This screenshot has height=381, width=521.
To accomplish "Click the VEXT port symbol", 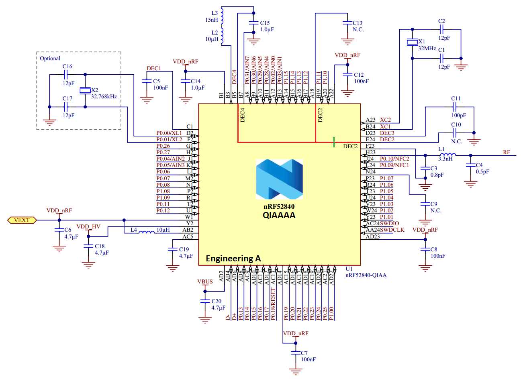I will pos(22,220).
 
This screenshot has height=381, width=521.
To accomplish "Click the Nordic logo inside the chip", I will pos(279,179).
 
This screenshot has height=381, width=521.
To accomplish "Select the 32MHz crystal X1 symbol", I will pos(412,42).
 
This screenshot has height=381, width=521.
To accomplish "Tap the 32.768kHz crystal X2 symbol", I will pos(85,91).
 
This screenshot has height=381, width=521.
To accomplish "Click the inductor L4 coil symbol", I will pos(147,232).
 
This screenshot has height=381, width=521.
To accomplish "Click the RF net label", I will pos(507,152).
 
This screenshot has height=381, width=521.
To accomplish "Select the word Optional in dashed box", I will pos(50,58).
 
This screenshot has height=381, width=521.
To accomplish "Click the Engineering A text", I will pos(233,258).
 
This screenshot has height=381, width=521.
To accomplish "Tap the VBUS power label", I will pos(205,281).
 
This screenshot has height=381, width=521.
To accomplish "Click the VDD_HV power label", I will pos(88,226).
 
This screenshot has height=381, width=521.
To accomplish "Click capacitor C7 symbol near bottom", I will pos(296,353).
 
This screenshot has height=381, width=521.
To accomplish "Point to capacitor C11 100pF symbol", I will pos(455,107).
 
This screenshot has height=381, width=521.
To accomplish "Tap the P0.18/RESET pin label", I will pos(273,304).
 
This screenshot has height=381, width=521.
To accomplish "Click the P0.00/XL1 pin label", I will pos(169,133).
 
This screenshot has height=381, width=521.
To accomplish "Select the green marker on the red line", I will pos(334,142).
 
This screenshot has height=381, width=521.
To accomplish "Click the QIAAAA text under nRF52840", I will pos(279,215).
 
